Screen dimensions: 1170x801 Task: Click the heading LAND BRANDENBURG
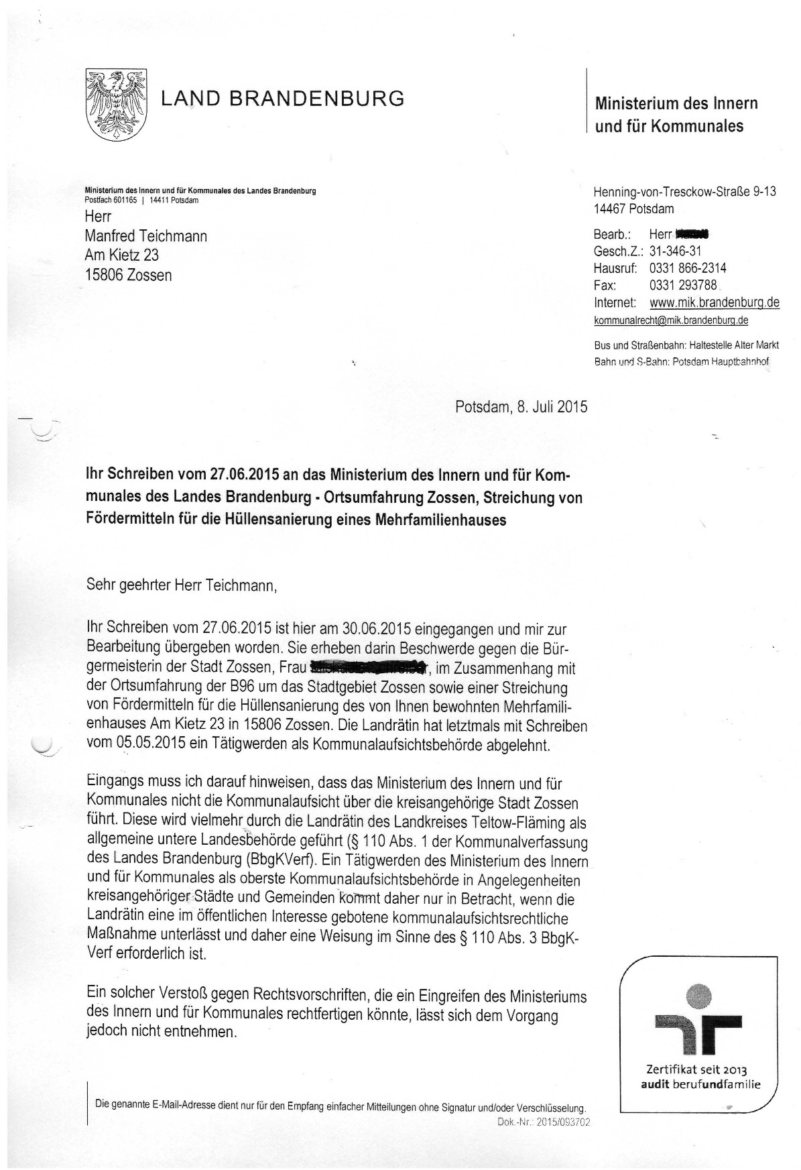coord(282,99)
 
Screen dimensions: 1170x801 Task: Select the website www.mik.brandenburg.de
coord(715,302)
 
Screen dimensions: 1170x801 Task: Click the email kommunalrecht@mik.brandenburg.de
coord(671,320)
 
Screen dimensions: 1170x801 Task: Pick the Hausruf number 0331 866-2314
coord(688,268)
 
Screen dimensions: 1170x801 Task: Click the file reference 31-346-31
coord(676,251)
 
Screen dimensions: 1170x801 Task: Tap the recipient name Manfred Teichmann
coord(145,236)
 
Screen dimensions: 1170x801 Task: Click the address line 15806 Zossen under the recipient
coord(128,275)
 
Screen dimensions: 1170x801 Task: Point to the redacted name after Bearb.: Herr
coord(692,234)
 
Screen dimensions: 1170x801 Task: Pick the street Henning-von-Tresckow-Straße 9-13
coord(684,192)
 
